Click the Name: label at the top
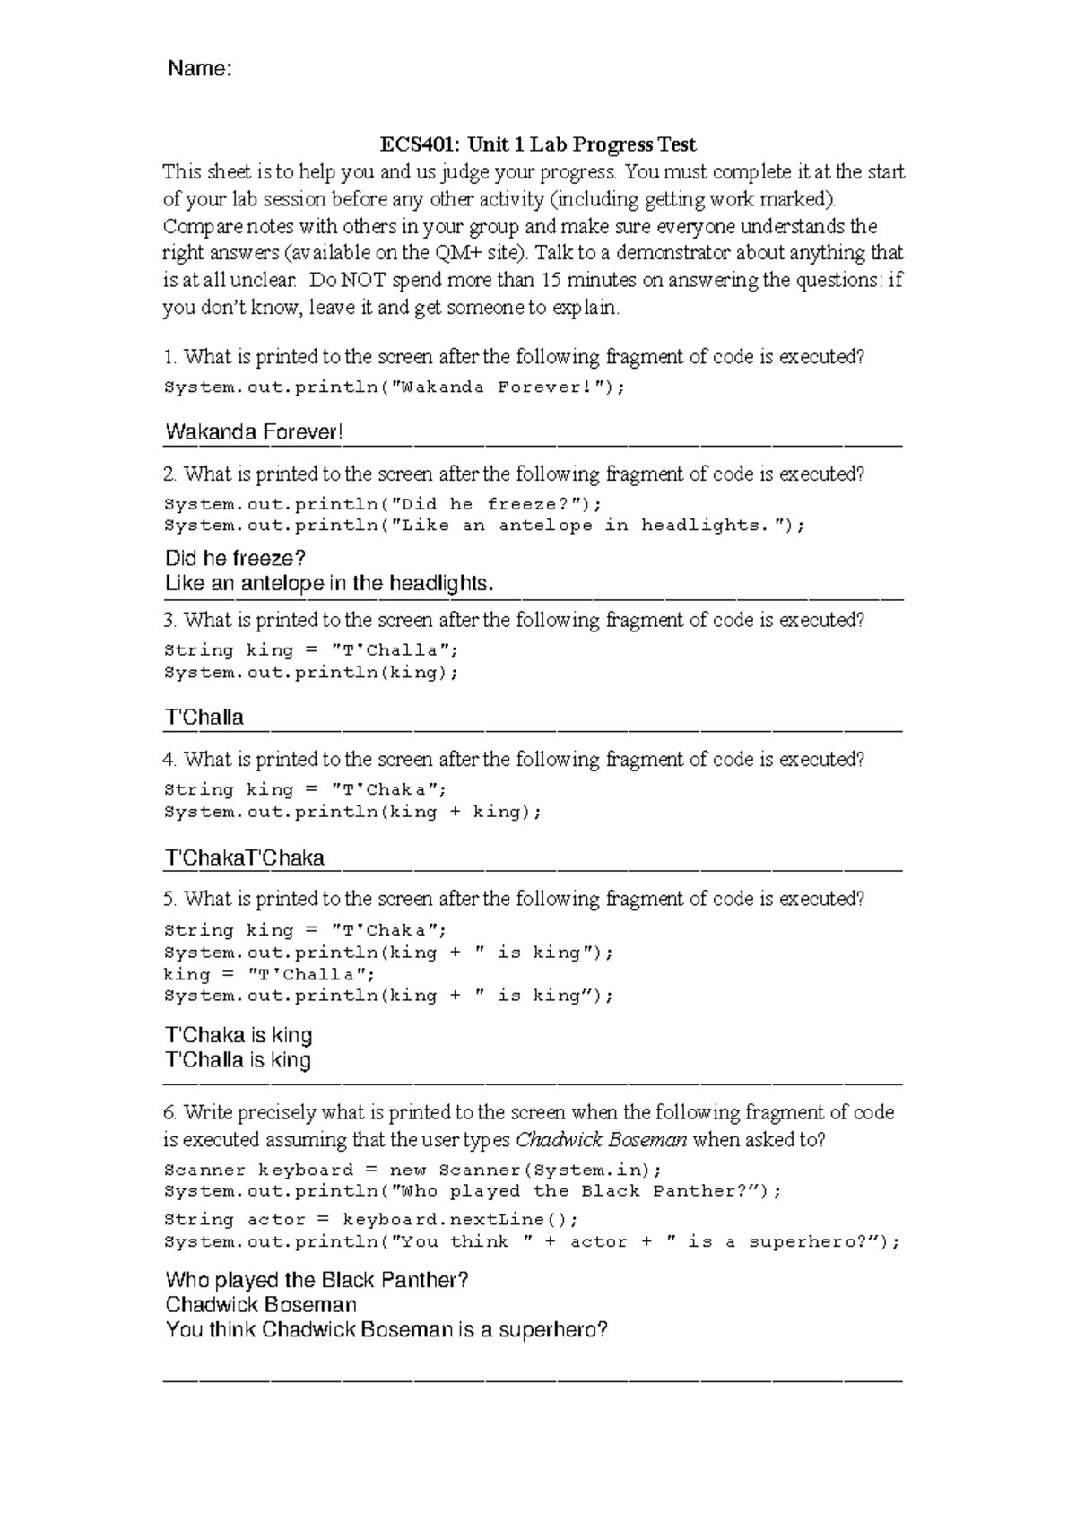200,70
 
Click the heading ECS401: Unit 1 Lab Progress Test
537,144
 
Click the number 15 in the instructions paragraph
552,280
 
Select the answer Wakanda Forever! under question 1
254,432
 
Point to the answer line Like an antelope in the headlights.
329,584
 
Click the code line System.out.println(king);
311,673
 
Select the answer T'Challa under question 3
204,718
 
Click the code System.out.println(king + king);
353,812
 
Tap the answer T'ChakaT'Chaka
244,858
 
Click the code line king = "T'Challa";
269,975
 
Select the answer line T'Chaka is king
239,1035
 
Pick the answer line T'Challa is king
239,1060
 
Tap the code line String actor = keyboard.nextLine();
371,1220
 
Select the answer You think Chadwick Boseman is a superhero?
386,1330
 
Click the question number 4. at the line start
170,760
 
